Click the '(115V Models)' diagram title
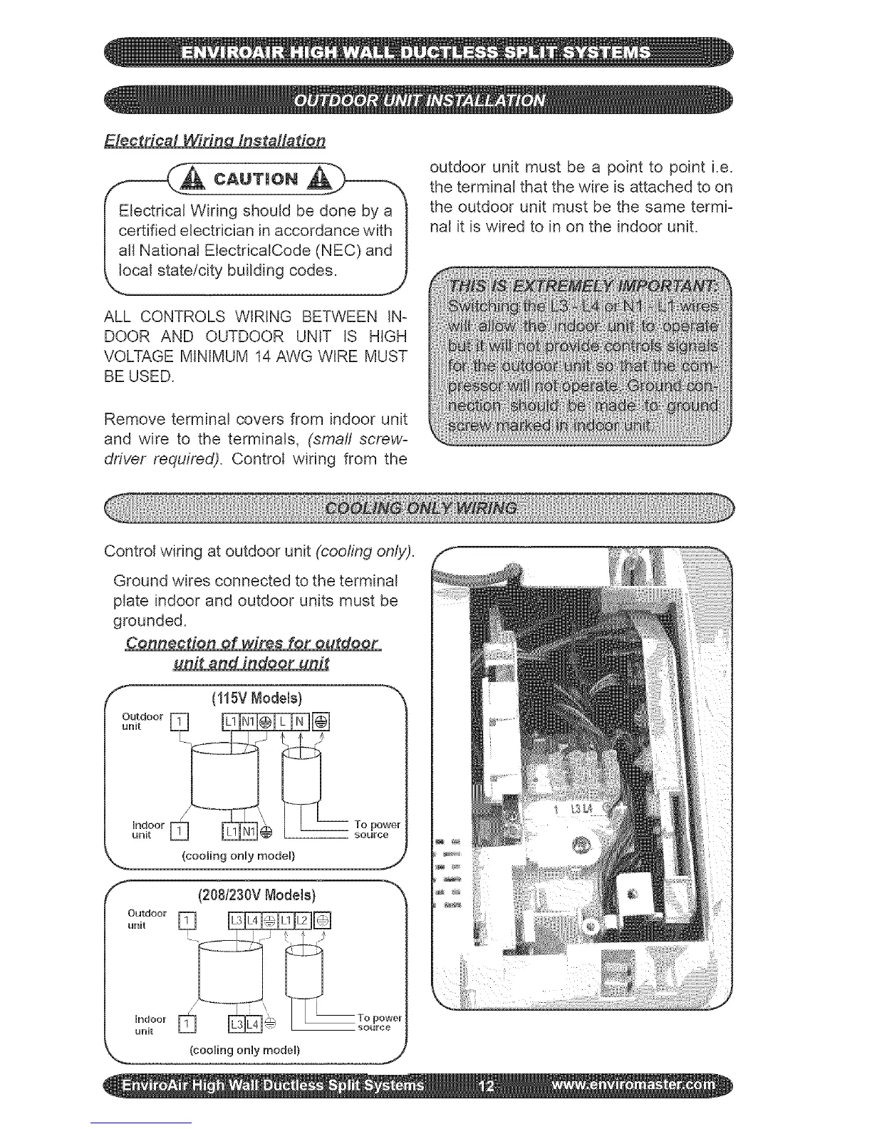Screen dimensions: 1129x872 tap(257, 696)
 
